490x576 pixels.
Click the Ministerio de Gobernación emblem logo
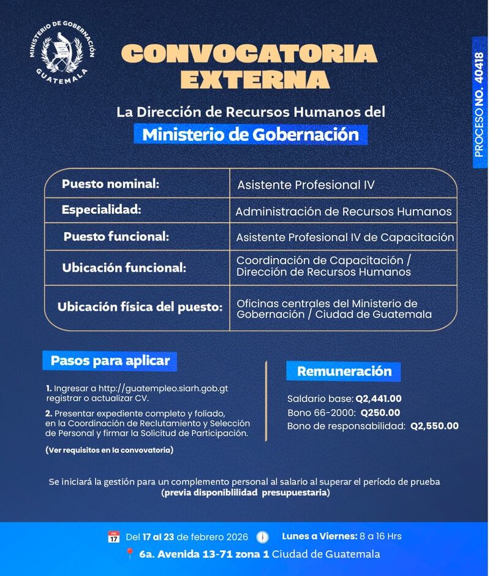62,54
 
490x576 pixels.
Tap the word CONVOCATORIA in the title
249,54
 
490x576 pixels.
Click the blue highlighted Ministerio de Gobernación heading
250,134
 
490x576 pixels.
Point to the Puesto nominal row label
110,183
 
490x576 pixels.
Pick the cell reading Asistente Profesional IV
306,184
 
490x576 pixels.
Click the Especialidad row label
101,210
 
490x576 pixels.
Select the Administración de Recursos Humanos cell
344,211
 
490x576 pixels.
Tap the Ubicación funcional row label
124,268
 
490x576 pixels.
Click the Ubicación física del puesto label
140,307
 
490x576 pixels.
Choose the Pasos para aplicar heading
110,360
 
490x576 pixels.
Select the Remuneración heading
344,371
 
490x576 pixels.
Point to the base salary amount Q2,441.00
379,398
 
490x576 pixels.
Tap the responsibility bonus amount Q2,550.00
434,426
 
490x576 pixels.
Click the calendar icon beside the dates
113,537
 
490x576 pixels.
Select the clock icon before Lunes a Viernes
262,537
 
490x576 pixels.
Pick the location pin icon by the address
129,555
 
